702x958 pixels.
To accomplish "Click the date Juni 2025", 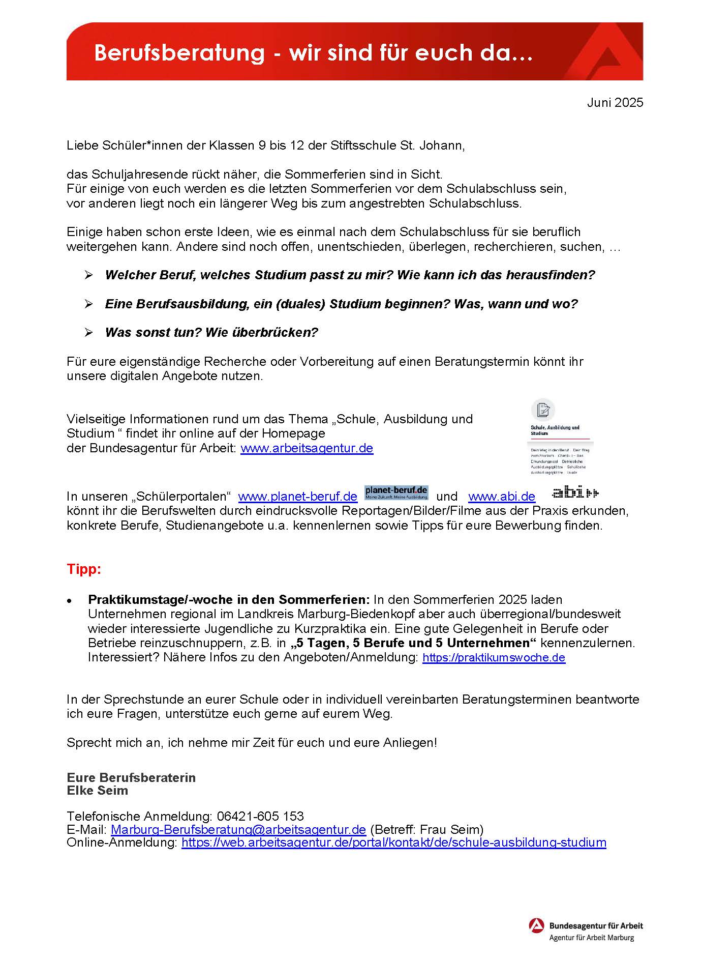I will [x=615, y=102].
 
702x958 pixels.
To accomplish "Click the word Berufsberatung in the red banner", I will [x=179, y=53].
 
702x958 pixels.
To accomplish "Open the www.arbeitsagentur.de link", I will [x=307, y=448].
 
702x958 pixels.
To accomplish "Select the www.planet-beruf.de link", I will [x=297, y=496].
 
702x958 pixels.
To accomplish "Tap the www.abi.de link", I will [x=501, y=496].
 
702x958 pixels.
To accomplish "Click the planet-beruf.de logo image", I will [x=396, y=492].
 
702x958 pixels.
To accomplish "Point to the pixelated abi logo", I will [x=575, y=492].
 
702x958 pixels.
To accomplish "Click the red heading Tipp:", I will [x=84, y=569].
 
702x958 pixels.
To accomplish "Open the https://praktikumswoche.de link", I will [x=494, y=657].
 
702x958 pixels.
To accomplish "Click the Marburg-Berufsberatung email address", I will [x=238, y=829].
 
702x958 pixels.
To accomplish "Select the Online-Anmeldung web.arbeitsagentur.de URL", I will [x=393, y=843].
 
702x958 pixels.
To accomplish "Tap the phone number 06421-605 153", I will [x=260, y=816].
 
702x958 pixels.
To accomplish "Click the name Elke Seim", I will [x=97, y=790].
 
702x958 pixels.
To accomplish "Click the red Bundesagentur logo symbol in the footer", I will [x=536, y=925].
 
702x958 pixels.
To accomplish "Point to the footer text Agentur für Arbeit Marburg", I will [x=591, y=938].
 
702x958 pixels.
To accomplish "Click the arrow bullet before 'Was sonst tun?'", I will [x=89, y=333].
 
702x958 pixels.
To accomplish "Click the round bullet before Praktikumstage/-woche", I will [x=69, y=601].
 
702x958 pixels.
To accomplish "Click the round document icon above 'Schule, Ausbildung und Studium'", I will [x=543, y=410].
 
